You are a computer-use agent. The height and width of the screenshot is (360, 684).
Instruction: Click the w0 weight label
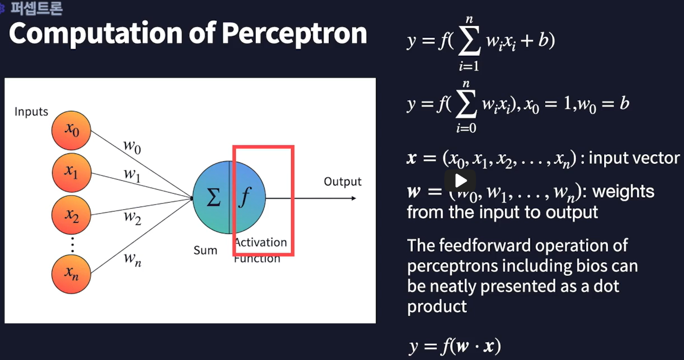(x=132, y=147)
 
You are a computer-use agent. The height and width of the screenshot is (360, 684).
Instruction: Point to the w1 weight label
(x=132, y=175)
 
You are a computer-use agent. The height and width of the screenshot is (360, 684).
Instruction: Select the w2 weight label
(x=133, y=217)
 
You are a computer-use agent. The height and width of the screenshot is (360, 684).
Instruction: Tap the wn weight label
(x=133, y=259)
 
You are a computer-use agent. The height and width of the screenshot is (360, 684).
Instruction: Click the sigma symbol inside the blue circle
(x=213, y=197)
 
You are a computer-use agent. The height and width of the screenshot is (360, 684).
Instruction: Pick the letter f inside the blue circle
(x=244, y=198)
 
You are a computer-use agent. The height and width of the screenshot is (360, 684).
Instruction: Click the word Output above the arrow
(x=342, y=182)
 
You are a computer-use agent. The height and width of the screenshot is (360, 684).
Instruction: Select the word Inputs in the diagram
(x=31, y=112)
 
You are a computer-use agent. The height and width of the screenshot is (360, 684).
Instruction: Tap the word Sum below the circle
(x=205, y=250)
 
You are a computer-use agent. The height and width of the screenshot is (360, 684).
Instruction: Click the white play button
(x=460, y=180)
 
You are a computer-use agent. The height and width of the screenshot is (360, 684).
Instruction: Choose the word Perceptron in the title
(x=294, y=33)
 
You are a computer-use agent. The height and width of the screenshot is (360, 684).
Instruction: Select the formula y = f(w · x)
(x=454, y=346)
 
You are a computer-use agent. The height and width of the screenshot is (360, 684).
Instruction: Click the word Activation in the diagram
(x=261, y=243)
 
